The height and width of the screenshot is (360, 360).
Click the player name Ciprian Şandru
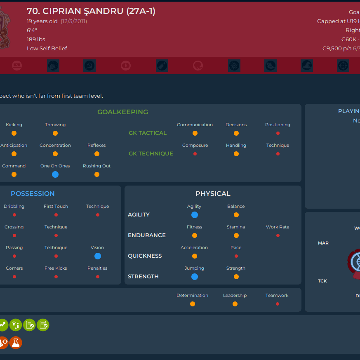pyautogui.click(x=91, y=11)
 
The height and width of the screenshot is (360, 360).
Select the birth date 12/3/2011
pyautogui.click(x=74, y=21)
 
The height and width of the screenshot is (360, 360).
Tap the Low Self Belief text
pyautogui.click(x=47, y=48)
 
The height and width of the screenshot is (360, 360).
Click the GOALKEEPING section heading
pyautogui.click(x=122, y=112)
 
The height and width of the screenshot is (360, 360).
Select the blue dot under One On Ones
pyautogui.click(x=55, y=174)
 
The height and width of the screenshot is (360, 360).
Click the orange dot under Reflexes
pyautogui.click(x=97, y=154)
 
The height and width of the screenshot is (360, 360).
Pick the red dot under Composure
pyautogui.click(x=195, y=154)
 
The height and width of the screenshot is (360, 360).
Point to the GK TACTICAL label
pyautogui.click(x=148, y=133)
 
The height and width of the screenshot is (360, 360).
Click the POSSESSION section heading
pyautogui.click(x=33, y=193)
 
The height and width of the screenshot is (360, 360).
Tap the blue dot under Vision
pyautogui.click(x=97, y=256)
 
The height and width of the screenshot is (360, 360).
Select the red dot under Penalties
pyautogui.click(x=97, y=277)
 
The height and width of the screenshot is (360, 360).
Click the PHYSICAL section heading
pyautogui.click(x=213, y=193)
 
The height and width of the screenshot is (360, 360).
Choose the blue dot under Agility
pyautogui.click(x=194, y=215)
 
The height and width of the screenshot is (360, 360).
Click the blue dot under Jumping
pyautogui.click(x=194, y=277)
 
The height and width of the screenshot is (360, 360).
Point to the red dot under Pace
pyautogui.click(x=236, y=256)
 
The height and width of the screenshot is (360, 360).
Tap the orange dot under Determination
pyautogui.click(x=193, y=304)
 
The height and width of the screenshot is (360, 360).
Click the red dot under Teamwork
pyautogui.click(x=277, y=304)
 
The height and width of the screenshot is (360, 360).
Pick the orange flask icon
pyautogui.click(x=16, y=342)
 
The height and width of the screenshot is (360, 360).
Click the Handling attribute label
pyautogui.click(x=236, y=145)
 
